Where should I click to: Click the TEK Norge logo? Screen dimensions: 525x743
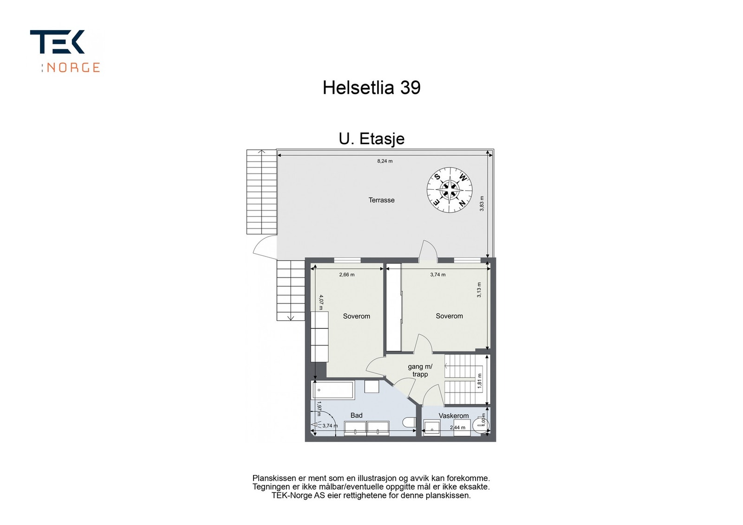pos(65,51)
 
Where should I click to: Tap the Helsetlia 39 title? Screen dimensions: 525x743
pos(371,88)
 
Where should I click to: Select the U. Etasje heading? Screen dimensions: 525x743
pos(371,139)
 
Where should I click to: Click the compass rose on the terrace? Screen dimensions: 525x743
pos(450,190)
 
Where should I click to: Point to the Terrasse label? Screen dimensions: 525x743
pos(381,200)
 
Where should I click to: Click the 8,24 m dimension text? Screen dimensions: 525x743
pos(385,161)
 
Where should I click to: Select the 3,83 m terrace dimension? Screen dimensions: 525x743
pos(482,204)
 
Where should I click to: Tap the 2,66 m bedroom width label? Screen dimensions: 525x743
pos(347,275)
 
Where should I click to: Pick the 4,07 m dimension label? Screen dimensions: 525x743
pos(320,301)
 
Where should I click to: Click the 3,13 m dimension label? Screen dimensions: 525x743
pos(479,290)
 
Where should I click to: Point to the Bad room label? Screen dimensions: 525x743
pos(356,416)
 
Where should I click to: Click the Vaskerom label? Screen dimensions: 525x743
pos(454,416)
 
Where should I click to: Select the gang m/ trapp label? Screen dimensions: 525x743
pos(420,370)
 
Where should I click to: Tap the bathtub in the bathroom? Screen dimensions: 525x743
pos(333,390)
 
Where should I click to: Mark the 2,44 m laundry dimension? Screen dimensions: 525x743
pos(457,428)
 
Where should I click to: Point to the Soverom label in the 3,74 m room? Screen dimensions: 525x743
pos(449,316)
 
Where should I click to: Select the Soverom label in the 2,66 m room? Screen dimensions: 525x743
pos(356,316)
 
